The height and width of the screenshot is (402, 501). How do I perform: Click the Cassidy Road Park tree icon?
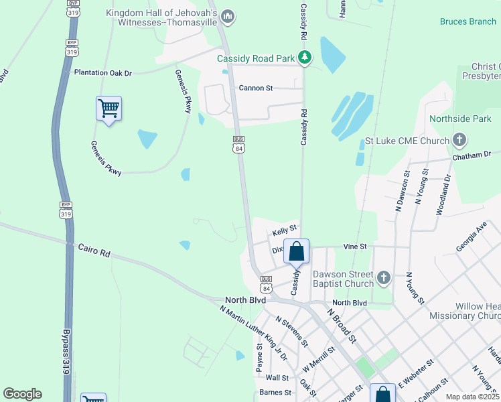click(x=305, y=58)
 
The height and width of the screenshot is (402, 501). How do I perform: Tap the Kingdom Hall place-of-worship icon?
click(x=228, y=17)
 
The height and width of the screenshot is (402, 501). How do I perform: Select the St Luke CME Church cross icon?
click(x=459, y=141)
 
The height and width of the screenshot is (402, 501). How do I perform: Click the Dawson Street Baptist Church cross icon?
click(x=383, y=277)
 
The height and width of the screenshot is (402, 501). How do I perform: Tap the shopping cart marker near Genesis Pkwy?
click(x=109, y=109)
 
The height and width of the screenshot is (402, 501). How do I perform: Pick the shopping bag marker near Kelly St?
click(x=297, y=252)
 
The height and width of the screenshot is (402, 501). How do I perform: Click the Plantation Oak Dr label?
click(x=103, y=72)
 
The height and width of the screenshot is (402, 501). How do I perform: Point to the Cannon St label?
click(x=256, y=88)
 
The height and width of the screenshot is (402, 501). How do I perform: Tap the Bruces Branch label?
click(x=468, y=21)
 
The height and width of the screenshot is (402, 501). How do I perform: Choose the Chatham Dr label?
click(x=476, y=154)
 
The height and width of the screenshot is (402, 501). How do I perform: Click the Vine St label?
click(x=355, y=247)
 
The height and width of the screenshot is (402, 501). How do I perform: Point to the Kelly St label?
click(x=284, y=232)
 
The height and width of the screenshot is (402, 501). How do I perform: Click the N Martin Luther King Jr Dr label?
click(x=253, y=332)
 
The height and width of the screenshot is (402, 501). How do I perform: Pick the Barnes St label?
click(x=275, y=393)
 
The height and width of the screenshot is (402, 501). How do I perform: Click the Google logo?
click(x=22, y=394)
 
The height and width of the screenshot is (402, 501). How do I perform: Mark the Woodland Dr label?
click(x=443, y=194)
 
